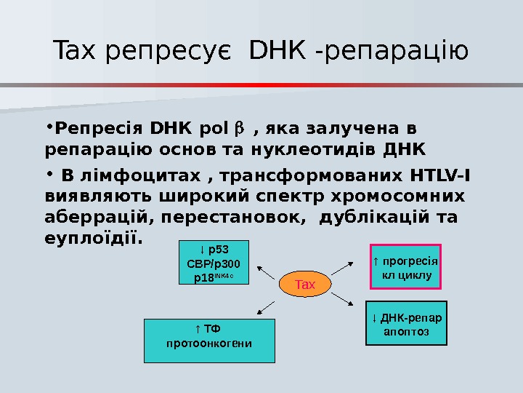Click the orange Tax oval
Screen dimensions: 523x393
point(306,284)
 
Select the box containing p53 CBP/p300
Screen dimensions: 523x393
point(214,262)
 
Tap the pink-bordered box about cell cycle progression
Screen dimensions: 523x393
point(406,266)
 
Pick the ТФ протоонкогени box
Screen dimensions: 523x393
point(210,340)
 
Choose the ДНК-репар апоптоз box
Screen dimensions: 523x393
point(406,322)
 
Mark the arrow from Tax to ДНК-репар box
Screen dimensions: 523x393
point(344,298)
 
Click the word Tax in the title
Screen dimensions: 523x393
point(76,52)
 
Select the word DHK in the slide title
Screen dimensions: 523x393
point(277,52)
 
